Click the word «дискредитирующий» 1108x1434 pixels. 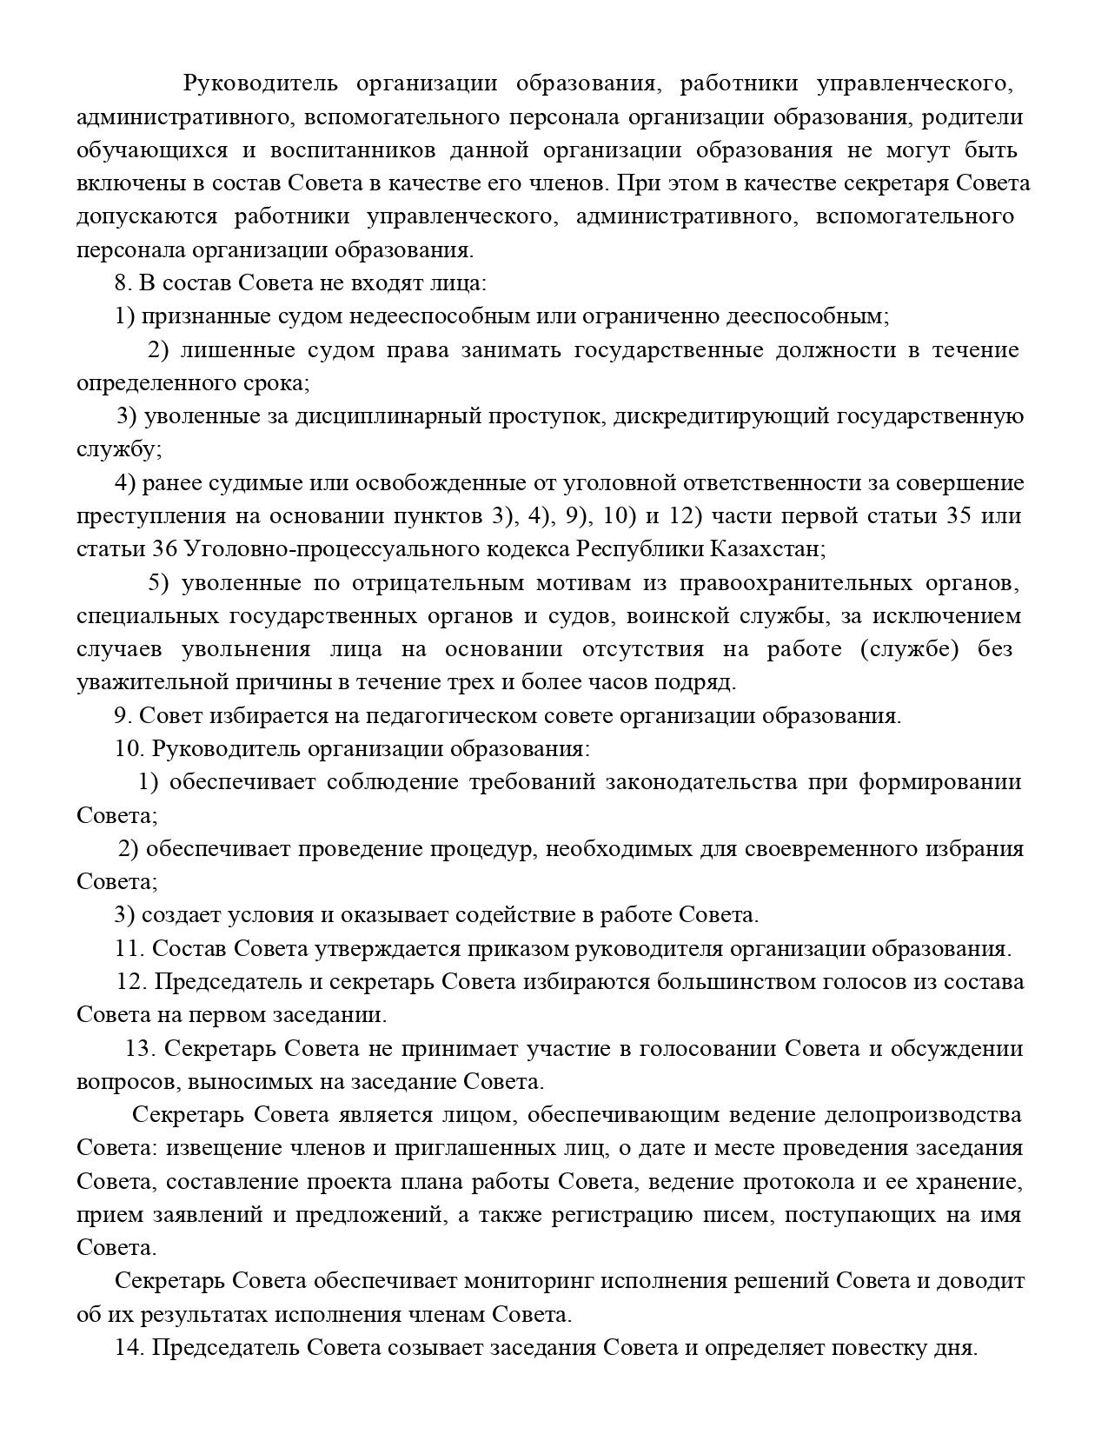click(720, 416)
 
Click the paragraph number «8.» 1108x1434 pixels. click(123, 283)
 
